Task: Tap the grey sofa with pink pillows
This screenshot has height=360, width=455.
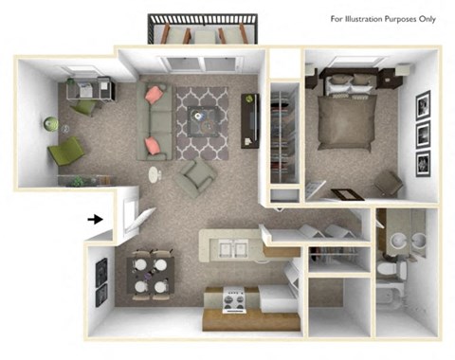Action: (157, 121)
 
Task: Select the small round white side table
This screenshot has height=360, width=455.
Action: (155, 173)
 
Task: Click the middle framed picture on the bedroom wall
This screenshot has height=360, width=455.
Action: (423, 132)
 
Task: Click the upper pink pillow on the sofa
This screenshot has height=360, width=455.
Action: (156, 94)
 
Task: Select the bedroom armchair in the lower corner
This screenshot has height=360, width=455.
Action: (387, 183)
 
